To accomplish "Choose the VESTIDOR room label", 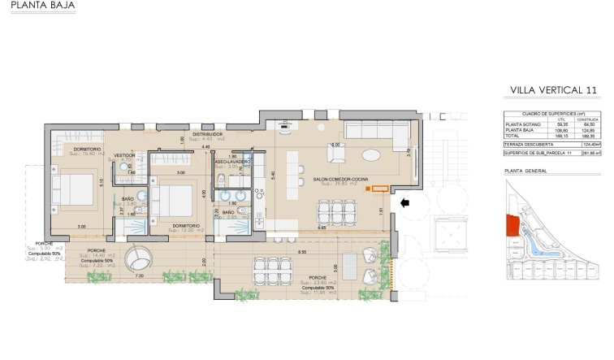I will point(124,154).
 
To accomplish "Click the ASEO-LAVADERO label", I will point(232,162).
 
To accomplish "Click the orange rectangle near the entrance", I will point(377,188).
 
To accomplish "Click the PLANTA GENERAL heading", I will point(525,171).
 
